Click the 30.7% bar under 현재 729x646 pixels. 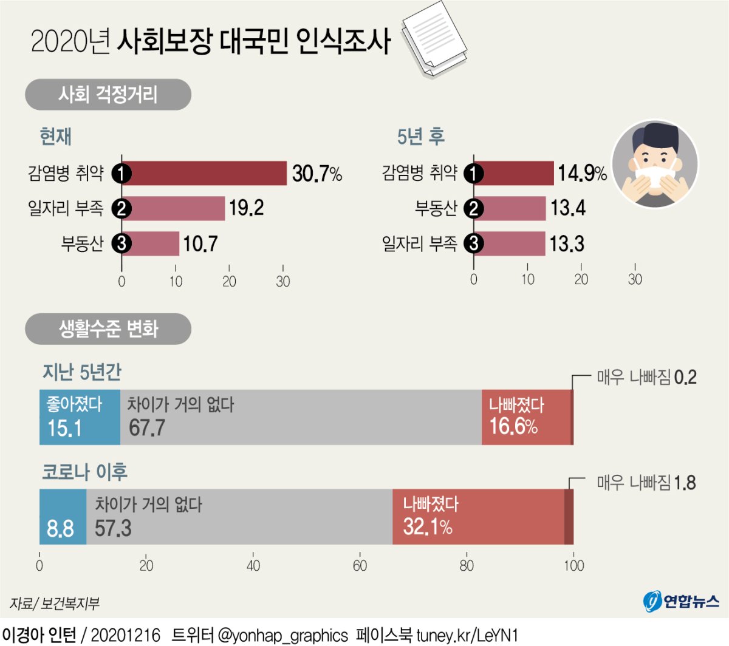[x=204, y=174]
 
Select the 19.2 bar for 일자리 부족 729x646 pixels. [x=173, y=208]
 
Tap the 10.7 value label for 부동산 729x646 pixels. [x=200, y=244]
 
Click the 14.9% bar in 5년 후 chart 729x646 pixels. [x=513, y=174]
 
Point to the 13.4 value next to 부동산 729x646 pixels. [x=568, y=208]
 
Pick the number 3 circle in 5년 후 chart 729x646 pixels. [x=474, y=244]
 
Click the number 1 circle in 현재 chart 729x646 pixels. [x=122, y=174]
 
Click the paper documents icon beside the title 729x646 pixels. [x=434, y=38]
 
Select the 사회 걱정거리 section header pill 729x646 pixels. [x=108, y=95]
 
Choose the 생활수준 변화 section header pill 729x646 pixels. [x=108, y=329]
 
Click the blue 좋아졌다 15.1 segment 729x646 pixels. [x=80, y=417]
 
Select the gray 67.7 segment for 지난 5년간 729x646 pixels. [x=301, y=417]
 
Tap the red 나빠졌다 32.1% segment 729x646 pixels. [x=478, y=517]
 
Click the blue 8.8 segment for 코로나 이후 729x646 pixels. [x=63, y=517]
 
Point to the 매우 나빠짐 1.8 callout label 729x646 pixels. [x=646, y=483]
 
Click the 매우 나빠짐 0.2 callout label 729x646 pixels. [x=646, y=378]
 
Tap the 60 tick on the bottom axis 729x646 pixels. [x=360, y=566]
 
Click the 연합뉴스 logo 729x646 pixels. [x=681, y=601]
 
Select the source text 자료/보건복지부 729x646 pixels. [x=55, y=603]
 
